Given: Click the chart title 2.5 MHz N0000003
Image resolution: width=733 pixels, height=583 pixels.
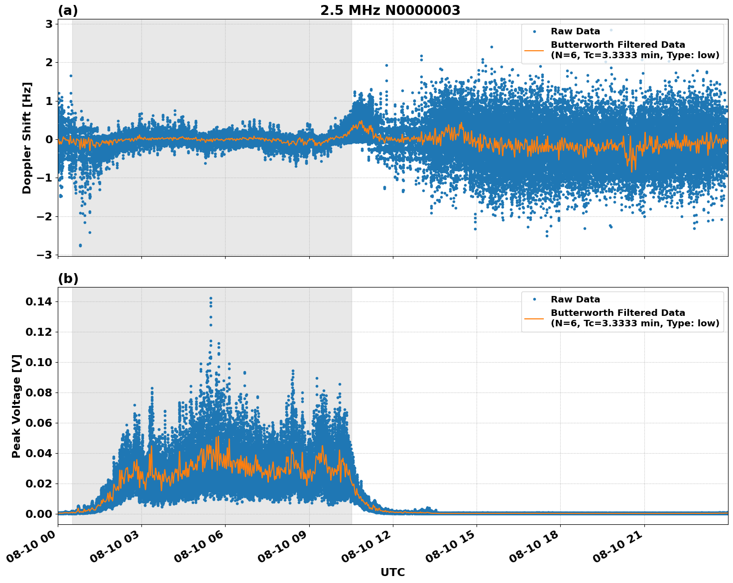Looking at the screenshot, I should pos(390,10).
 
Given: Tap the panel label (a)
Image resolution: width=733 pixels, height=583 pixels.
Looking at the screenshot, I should pos(68,10).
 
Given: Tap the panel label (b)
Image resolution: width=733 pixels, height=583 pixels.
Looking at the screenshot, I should pos(68,279).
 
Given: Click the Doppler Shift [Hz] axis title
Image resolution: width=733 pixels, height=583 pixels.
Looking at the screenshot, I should pos(27,138).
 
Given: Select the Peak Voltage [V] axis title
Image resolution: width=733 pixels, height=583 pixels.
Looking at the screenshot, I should pos(16,406).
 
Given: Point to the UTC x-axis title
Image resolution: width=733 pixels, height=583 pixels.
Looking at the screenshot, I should pos(392,572).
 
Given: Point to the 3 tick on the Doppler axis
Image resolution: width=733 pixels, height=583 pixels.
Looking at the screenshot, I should pos(49,24).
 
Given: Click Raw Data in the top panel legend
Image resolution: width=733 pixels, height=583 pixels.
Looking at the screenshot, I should pos(575,31).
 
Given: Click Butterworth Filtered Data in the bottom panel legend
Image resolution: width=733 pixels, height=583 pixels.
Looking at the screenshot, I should pos(617,313).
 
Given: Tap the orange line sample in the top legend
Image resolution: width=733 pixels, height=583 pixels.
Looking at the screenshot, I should pos(534,50).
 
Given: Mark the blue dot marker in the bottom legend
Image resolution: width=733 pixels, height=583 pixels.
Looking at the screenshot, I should pos(534,299).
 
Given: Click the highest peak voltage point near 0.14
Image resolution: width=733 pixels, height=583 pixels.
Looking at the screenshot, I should pos(211,298).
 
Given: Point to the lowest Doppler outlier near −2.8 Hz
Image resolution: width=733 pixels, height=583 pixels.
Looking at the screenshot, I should pos(80,245).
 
